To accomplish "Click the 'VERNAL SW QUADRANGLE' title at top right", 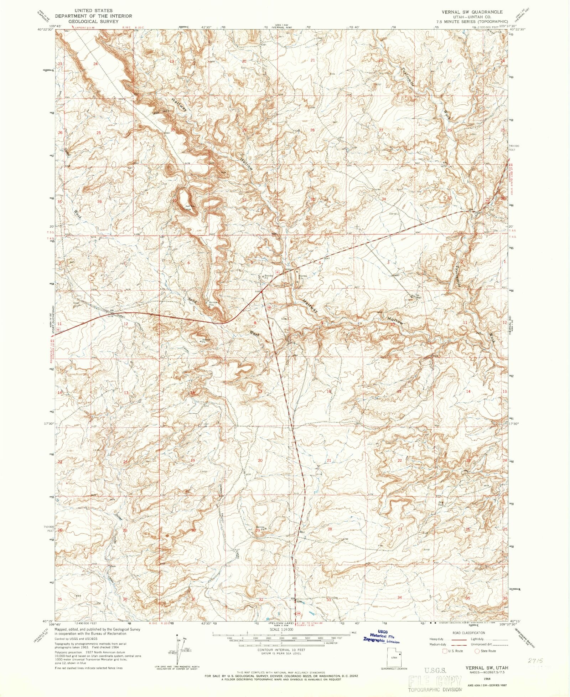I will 472,12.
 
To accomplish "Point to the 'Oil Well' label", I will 414,296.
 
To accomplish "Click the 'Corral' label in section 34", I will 393,214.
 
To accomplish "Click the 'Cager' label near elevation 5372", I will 76,303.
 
